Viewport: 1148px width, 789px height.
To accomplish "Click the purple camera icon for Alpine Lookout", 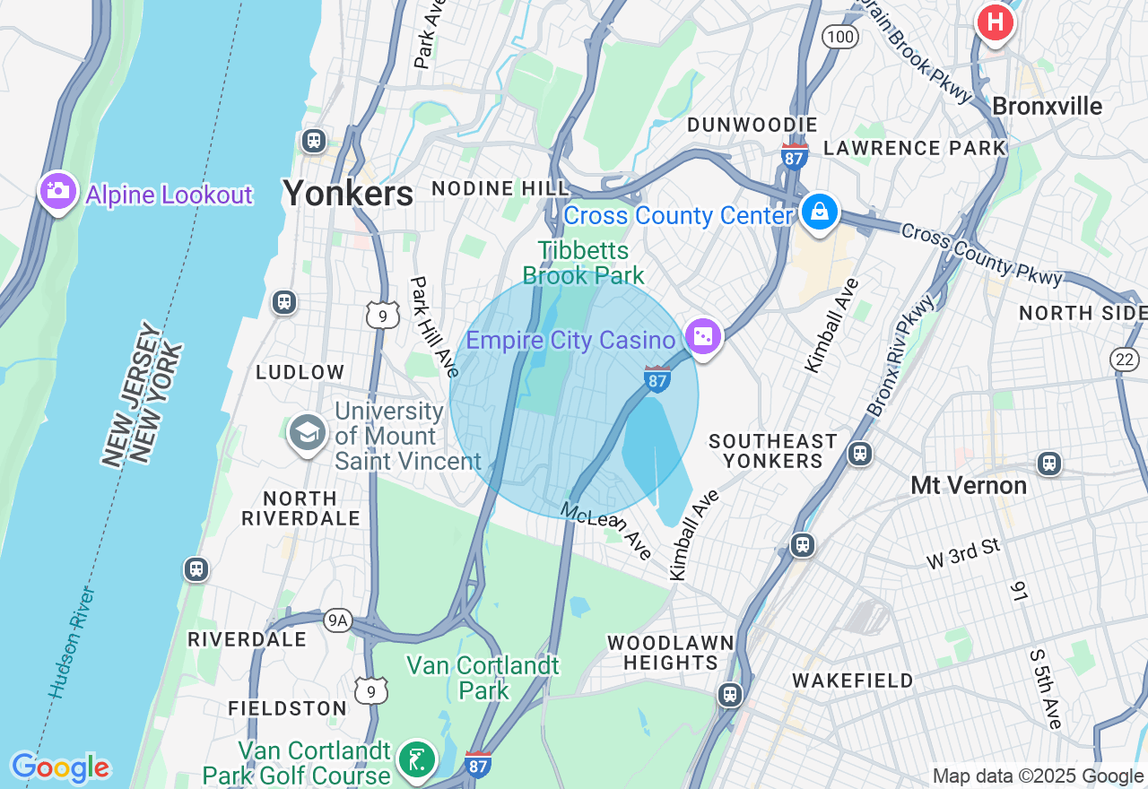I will pyautogui.click(x=58, y=190).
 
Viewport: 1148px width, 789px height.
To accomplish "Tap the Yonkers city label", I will pyautogui.click(x=348, y=193).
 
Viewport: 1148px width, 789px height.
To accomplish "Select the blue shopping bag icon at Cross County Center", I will pyautogui.click(x=819, y=212).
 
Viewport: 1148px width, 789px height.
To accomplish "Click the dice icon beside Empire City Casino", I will pyautogui.click(x=704, y=337).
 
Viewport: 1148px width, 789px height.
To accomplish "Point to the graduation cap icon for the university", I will pyautogui.click(x=308, y=433).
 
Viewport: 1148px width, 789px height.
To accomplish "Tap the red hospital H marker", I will pyautogui.click(x=995, y=22).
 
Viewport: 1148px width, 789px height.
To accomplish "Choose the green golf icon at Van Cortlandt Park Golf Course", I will pyautogui.click(x=417, y=759).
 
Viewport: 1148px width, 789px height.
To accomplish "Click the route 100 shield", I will pyautogui.click(x=840, y=37).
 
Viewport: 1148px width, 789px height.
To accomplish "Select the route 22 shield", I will pyautogui.click(x=1125, y=360).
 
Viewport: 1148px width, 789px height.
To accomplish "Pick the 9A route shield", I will pyautogui.click(x=338, y=620).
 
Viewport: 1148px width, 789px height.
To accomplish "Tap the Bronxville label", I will pyautogui.click(x=1047, y=107).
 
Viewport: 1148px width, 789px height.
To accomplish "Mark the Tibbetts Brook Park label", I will pyautogui.click(x=584, y=263).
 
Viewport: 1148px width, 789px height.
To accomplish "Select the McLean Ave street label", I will pyautogui.click(x=606, y=531).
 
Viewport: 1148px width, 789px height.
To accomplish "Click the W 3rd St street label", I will pyautogui.click(x=963, y=552).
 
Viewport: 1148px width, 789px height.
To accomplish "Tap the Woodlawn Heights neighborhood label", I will pyautogui.click(x=670, y=653).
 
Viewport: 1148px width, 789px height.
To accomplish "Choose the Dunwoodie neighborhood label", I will pyautogui.click(x=752, y=125).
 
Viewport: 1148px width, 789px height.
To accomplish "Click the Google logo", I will pyautogui.click(x=60, y=767).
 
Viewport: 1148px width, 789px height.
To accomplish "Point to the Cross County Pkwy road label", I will pyautogui.click(x=981, y=255).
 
